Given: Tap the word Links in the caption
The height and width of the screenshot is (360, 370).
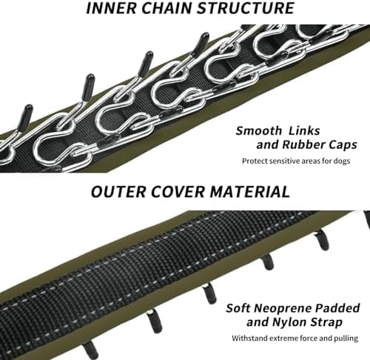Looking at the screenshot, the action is pyautogui.click(x=304, y=130).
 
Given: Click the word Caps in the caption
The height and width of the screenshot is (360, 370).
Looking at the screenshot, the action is pyautogui.click(x=343, y=145).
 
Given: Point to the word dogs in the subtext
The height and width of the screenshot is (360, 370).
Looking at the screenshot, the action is pyautogui.click(x=342, y=161).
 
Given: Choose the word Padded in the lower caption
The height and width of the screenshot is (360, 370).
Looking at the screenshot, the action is pyautogui.click(x=338, y=308).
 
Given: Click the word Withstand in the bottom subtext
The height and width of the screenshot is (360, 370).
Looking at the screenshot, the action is pyautogui.click(x=249, y=338).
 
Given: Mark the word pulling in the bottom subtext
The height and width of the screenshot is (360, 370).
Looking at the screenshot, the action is pyautogui.click(x=346, y=339).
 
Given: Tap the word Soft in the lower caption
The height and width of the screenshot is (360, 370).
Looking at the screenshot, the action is pyautogui.click(x=238, y=308).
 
